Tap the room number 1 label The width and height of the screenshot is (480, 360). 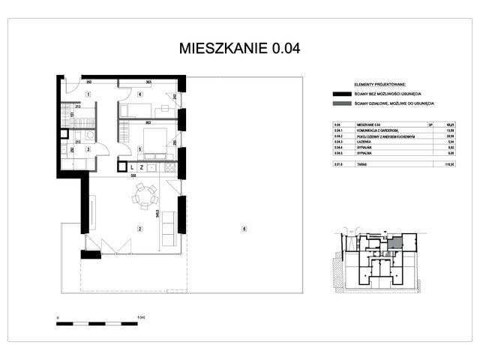pos(88,94)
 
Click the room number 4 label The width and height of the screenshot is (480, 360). pos(140,94)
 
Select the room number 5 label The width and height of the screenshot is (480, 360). pos(140,149)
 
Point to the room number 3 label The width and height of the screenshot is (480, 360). pos(88,149)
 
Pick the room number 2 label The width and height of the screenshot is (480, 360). pos(139,228)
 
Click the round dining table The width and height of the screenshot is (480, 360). pos(142,197)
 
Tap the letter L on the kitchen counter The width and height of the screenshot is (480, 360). pos(130,166)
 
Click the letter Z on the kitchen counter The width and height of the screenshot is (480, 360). pos(141,166)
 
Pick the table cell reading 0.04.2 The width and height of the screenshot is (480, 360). pos(337,136)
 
